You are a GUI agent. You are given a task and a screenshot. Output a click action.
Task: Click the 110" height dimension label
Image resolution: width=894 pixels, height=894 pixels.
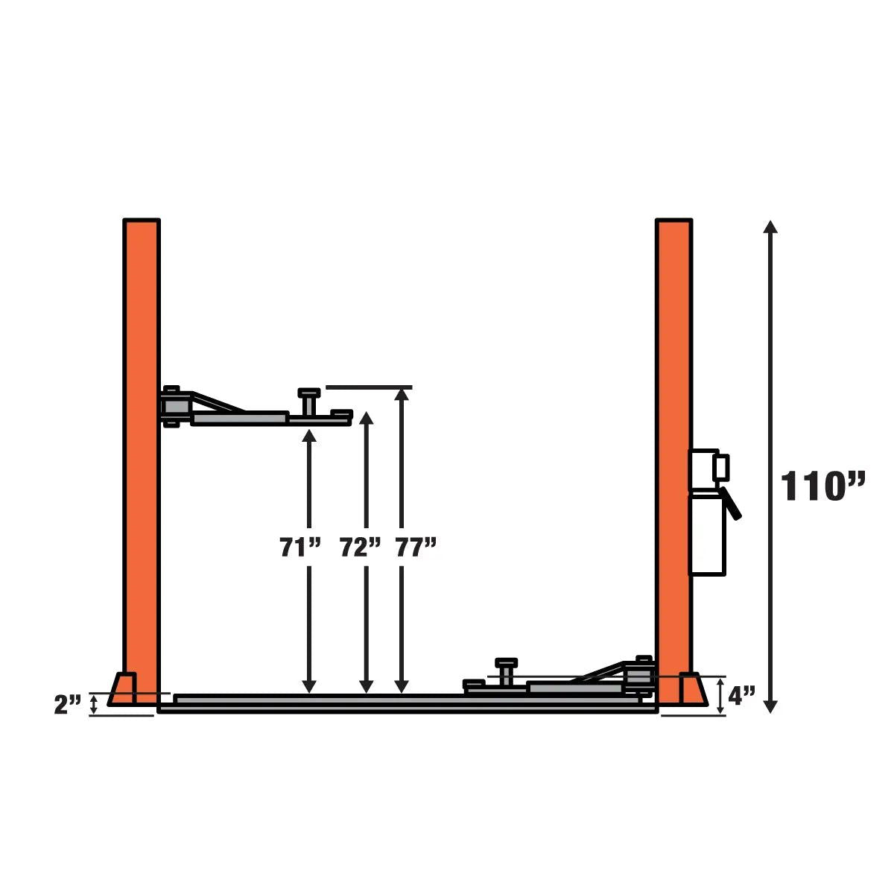822,486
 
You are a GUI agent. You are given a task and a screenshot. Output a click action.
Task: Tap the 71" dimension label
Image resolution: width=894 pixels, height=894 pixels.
300,547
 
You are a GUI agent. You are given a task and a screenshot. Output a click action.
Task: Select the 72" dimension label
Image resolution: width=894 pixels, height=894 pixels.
360,547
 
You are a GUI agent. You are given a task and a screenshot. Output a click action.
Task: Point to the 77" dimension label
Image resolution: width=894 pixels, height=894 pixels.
416,547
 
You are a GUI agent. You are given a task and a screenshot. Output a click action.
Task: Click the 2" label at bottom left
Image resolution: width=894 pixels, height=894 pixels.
68,705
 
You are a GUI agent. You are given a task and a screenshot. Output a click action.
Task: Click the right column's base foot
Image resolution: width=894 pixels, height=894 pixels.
693,689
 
